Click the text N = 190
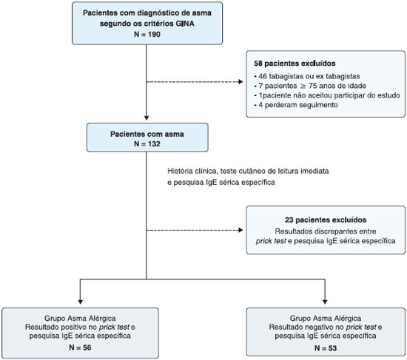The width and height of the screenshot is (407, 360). (x=147, y=34)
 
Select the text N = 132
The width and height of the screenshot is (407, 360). (x=147, y=143)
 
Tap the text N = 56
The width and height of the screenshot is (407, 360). (x=80, y=347)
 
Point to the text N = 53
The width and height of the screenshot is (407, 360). (x=326, y=348)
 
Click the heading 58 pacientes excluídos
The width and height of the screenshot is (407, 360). (x=295, y=64)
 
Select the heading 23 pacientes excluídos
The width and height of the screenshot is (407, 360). (x=326, y=220)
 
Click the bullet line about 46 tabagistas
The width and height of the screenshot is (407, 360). (x=307, y=76)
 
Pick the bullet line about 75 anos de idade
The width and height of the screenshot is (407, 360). (x=310, y=86)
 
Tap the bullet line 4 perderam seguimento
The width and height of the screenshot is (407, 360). (x=296, y=105)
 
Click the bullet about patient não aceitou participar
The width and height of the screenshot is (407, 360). (x=327, y=95)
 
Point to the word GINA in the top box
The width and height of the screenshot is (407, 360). (x=185, y=24)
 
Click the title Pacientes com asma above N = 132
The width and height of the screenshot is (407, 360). (x=147, y=134)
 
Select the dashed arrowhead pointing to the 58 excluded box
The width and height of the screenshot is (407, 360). (x=240, y=82)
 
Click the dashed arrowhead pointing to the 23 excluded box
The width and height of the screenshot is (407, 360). (x=240, y=230)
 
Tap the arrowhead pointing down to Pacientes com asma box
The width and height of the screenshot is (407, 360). (x=147, y=118)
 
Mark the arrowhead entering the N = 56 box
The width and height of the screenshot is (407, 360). (x=80, y=302)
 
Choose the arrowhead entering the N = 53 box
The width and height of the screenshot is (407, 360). (x=325, y=302)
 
